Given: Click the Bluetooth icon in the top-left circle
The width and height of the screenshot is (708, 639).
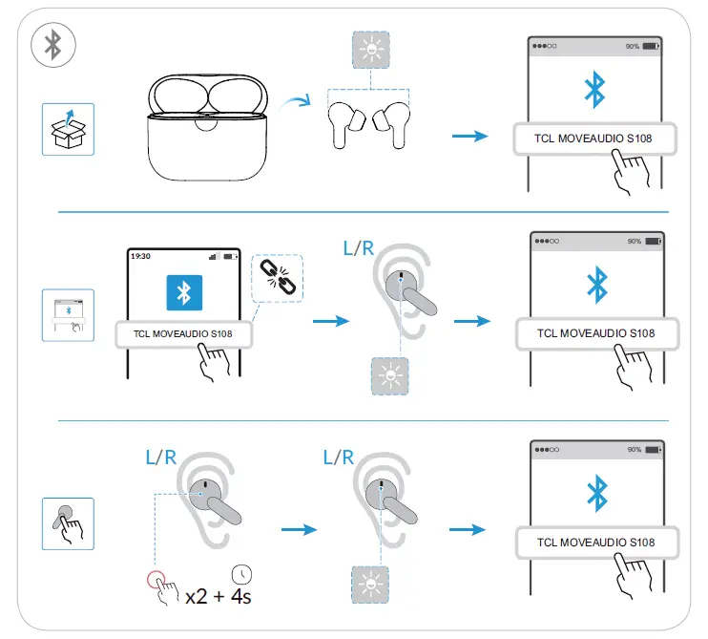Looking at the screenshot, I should point(54,43).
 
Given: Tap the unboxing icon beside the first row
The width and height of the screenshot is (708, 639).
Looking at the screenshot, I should point(67,129).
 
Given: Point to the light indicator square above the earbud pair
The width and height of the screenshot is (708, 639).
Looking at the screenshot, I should point(368,51).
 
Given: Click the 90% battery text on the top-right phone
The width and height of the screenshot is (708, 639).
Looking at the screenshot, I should point(633,46).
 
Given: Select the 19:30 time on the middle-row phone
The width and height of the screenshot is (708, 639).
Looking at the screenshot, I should point(140,256).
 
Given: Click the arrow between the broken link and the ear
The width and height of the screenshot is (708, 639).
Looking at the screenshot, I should point(332,321).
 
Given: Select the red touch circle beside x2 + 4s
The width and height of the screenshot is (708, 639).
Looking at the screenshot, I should point(156,579).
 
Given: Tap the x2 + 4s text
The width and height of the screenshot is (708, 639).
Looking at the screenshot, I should point(219,596).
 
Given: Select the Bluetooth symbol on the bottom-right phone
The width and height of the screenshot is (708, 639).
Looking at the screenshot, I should point(596,493).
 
